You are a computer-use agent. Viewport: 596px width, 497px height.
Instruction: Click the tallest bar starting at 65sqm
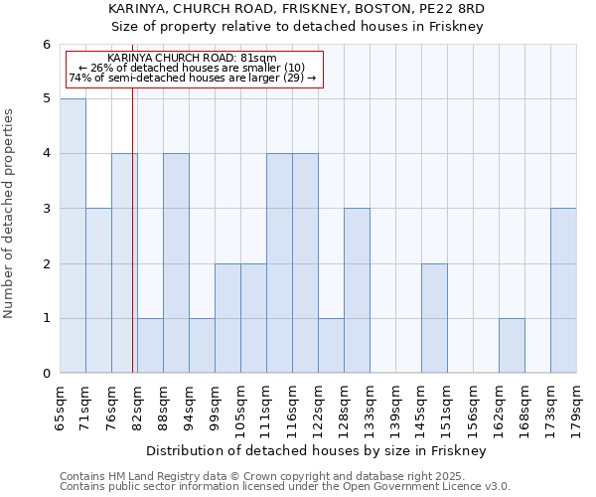[73, 236]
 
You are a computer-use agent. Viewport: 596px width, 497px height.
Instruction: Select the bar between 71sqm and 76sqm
[98, 290]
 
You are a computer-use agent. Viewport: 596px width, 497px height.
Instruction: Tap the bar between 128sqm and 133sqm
[357, 290]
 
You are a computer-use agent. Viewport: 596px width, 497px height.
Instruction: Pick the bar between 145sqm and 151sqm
[434, 318]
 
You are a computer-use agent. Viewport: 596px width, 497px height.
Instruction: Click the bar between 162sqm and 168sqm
[512, 346]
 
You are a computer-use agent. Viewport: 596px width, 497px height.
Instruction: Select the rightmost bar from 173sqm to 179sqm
[563, 290]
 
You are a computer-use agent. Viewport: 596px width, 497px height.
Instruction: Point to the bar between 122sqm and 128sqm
[331, 346]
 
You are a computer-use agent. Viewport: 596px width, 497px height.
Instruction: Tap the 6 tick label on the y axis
[46, 45]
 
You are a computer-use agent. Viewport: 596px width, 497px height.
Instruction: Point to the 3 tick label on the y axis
[46, 209]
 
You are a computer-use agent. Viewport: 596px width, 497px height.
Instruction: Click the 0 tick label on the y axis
[46, 374]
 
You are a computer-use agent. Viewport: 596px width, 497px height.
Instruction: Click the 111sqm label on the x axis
[267, 405]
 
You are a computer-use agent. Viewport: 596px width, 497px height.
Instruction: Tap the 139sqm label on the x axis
[396, 405]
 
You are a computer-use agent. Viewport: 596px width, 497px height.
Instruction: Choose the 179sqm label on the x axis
[577, 405]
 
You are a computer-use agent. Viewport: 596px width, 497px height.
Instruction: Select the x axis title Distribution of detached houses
[318, 450]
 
